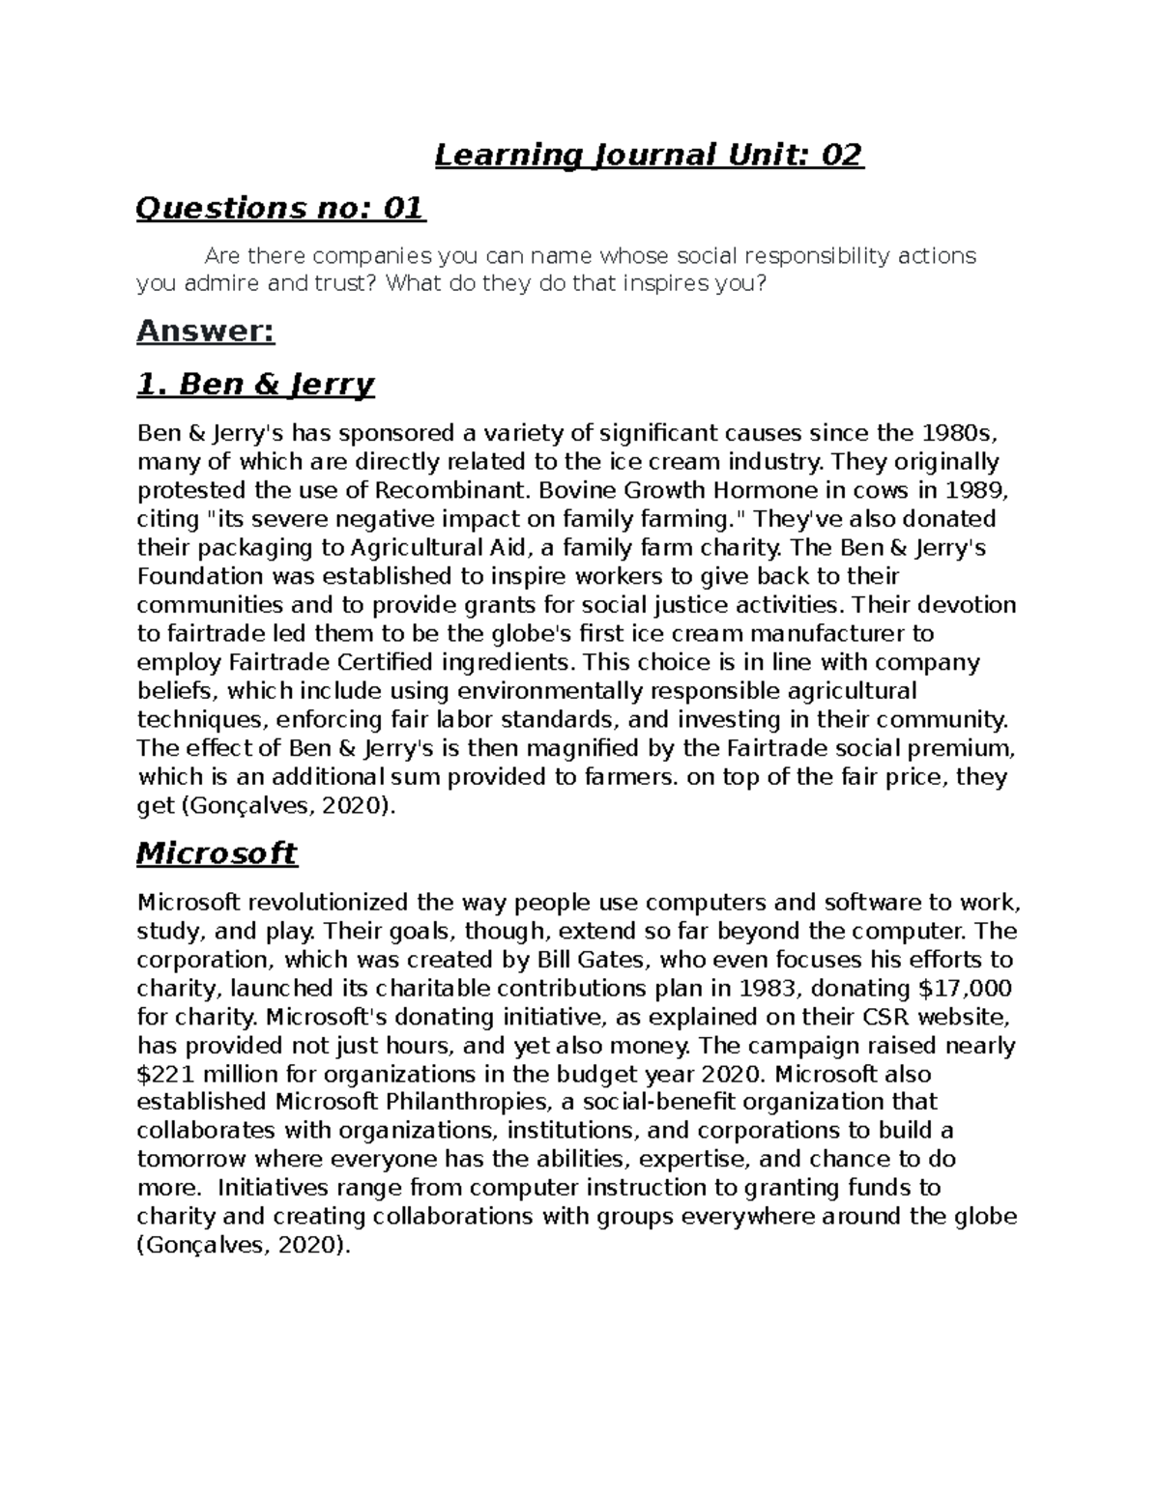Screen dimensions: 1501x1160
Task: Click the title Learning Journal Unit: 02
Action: [x=648, y=155]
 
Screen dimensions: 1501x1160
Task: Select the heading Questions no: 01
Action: [x=280, y=208]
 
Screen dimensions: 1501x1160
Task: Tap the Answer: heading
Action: [x=206, y=332]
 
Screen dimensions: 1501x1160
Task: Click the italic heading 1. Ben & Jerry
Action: [x=255, y=385]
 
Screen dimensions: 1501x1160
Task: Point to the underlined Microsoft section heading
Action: [x=217, y=853]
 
